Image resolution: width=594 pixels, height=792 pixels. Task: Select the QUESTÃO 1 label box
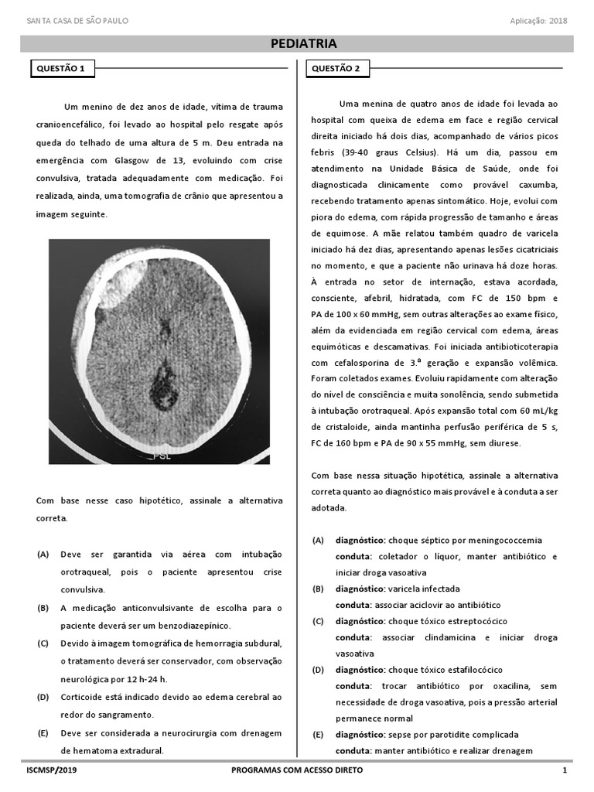tap(62, 69)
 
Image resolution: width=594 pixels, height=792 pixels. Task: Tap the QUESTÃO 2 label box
tap(336, 69)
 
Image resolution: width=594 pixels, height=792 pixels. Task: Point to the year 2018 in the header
tap(558, 20)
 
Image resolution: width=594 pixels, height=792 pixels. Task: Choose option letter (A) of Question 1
tap(43, 555)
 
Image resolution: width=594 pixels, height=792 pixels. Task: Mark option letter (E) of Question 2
tap(318, 734)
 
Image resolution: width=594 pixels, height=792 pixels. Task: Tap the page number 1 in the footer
tap(565, 770)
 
